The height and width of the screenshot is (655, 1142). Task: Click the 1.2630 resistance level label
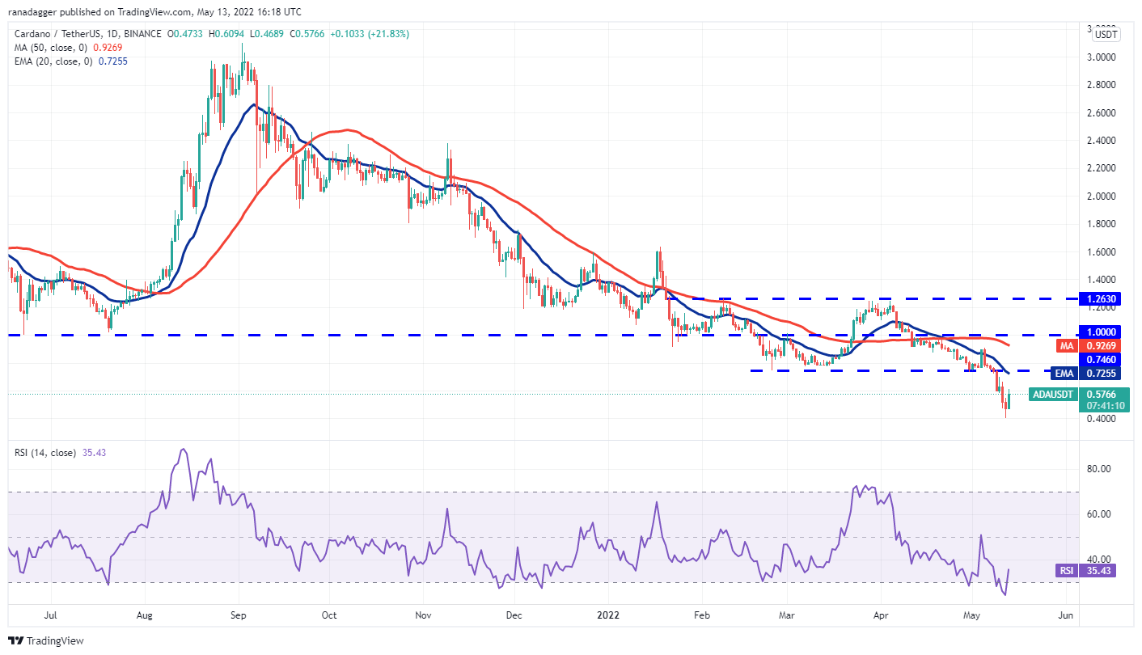(x=1102, y=299)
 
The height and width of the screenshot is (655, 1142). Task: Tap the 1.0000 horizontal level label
(x=1102, y=332)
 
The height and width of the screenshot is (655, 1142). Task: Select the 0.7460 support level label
(x=1102, y=359)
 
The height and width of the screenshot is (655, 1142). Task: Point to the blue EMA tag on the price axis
(x=1064, y=374)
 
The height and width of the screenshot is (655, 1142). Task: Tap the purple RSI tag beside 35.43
(x=1067, y=571)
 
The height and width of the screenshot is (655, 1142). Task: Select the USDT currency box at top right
(x=1106, y=35)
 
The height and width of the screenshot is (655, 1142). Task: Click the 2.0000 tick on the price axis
(x=1102, y=196)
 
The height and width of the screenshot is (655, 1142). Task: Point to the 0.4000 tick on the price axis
(x=1102, y=419)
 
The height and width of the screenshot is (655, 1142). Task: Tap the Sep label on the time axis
(x=239, y=615)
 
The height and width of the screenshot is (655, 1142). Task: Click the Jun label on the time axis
(x=1066, y=615)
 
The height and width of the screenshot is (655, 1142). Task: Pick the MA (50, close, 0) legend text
(x=47, y=48)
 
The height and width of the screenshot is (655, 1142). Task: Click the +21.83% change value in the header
(x=388, y=34)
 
